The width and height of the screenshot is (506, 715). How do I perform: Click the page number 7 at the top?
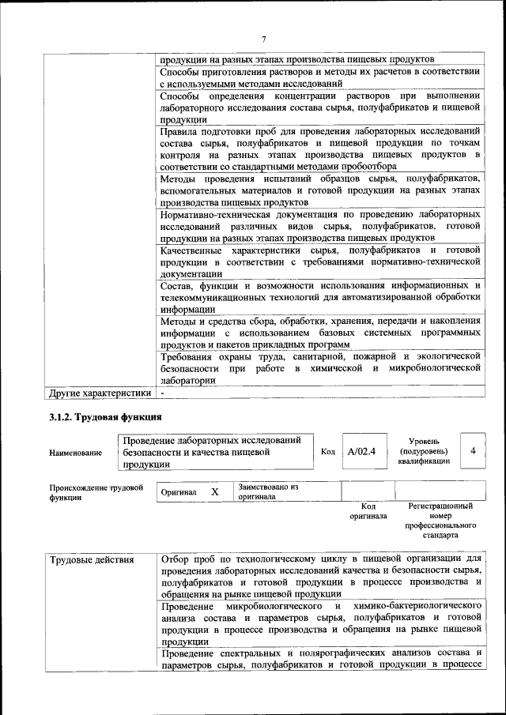pos(264,40)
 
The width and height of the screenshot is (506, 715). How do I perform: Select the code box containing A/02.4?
pos(361,451)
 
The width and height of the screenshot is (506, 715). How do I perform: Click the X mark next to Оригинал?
pos(214,491)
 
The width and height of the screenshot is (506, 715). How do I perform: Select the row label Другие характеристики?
pos(100,392)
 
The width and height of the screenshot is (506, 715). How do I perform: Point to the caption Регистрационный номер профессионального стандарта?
pos(440,520)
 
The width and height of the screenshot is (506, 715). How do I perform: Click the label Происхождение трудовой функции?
pos(96,492)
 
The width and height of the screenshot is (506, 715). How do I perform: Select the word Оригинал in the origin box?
pos(179,492)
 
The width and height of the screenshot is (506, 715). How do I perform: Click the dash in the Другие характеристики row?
pos(162,392)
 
